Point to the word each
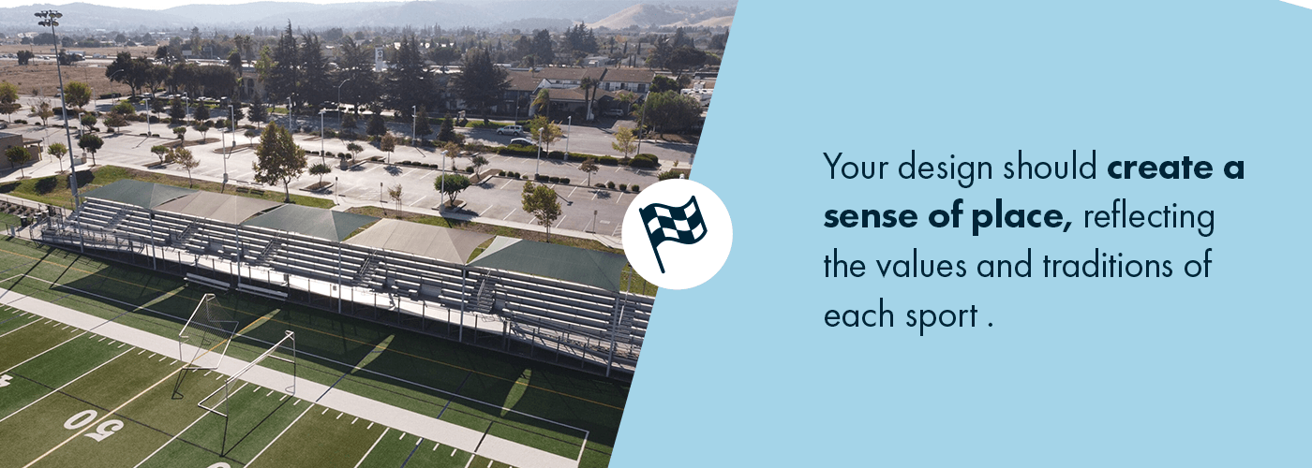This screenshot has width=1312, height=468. pyautogui.click(x=857, y=316)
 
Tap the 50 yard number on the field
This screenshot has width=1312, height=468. pyautogui.click(x=94, y=425)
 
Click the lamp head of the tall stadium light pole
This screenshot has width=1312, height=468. pyautogui.click(x=48, y=16)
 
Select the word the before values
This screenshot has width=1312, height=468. pyautogui.click(x=846, y=267)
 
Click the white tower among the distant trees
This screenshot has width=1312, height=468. pyautogui.click(x=380, y=58)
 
